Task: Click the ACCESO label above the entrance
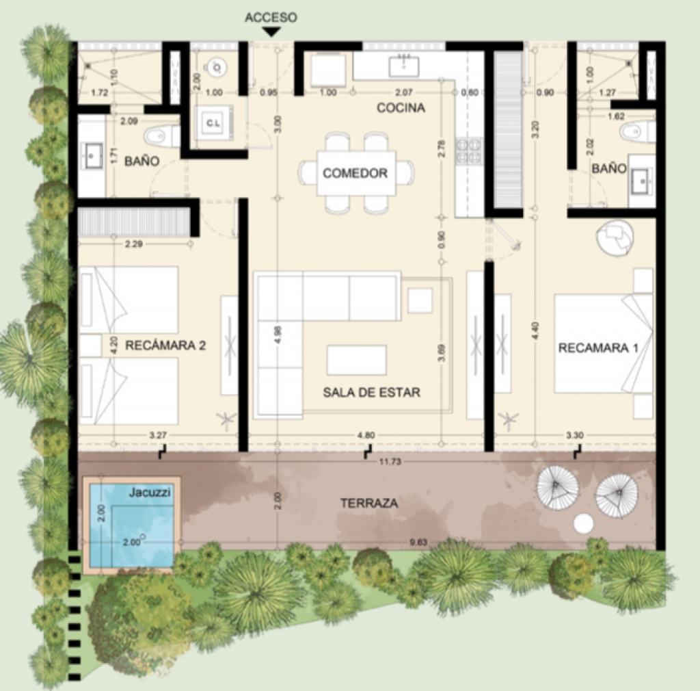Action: click(x=271, y=18)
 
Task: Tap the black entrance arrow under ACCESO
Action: click(x=271, y=31)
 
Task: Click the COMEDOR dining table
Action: click(x=355, y=173)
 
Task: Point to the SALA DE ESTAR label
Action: click(x=371, y=392)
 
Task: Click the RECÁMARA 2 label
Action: click(x=165, y=345)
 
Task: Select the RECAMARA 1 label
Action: click(x=598, y=348)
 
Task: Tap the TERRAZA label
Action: click(x=369, y=503)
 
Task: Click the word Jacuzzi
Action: click(x=150, y=491)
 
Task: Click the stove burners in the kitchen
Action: click(x=470, y=152)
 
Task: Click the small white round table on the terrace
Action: click(x=583, y=524)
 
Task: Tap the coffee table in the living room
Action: click(x=357, y=360)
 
